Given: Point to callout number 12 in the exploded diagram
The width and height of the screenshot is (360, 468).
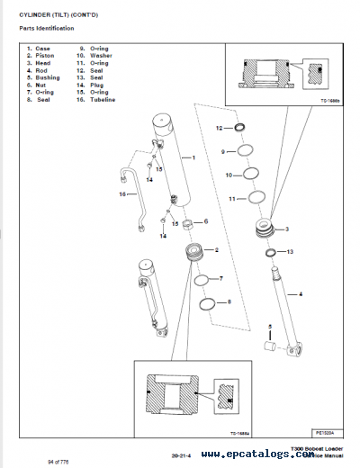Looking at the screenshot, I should click(x=219, y=129).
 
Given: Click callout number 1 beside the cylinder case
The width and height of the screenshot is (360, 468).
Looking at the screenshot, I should click(x=193, y=157).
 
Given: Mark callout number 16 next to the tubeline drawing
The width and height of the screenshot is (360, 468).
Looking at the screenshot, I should click(x=121, y=193).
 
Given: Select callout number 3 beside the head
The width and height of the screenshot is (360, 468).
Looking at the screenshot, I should click(x=287, y=229).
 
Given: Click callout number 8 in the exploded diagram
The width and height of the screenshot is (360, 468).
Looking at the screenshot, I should click(x=229, y=301).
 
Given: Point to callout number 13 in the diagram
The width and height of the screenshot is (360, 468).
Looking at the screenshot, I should click(x=290, y=253).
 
